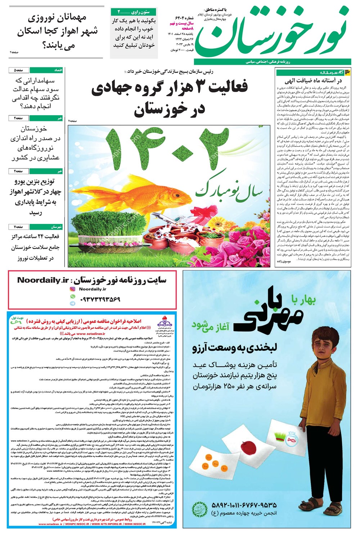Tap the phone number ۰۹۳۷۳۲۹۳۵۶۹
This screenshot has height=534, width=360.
point(95,299)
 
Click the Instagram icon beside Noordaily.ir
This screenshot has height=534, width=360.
point(72,289)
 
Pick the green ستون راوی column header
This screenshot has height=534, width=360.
point(134,12)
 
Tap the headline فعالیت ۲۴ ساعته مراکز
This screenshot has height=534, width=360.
point(35,247)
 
